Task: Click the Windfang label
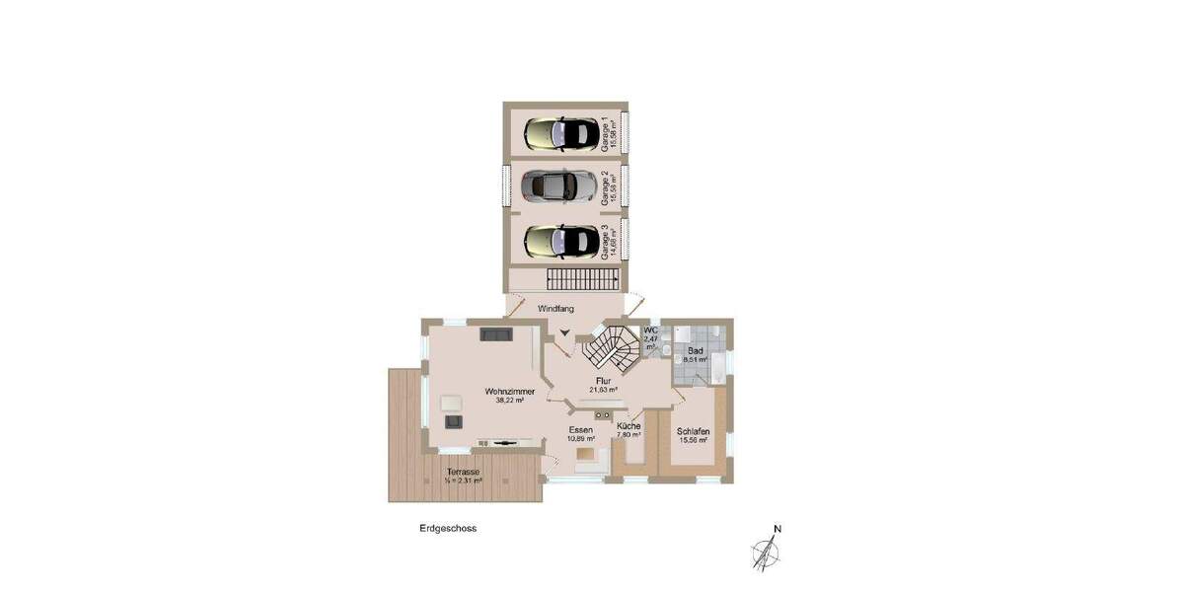pos(555,309)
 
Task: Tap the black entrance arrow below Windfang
pos(563,333)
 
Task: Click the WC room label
pos(650,331)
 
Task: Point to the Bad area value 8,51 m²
pos(695,360)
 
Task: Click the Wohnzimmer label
pos(509,392)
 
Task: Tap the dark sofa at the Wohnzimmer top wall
pos(496,334)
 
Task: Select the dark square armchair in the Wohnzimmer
pos(454,421)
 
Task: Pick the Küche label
pos(629,426)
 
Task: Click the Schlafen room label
pos(694,431)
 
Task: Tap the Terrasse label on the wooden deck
pos(463,473)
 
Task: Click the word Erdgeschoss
pos(448,529)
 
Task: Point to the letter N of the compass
pos(777,529)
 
